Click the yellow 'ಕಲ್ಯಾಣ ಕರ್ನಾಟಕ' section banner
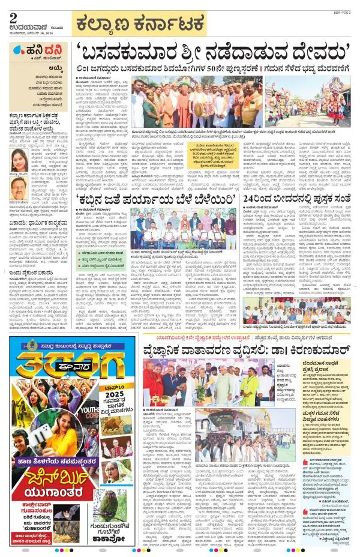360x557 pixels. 139,25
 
